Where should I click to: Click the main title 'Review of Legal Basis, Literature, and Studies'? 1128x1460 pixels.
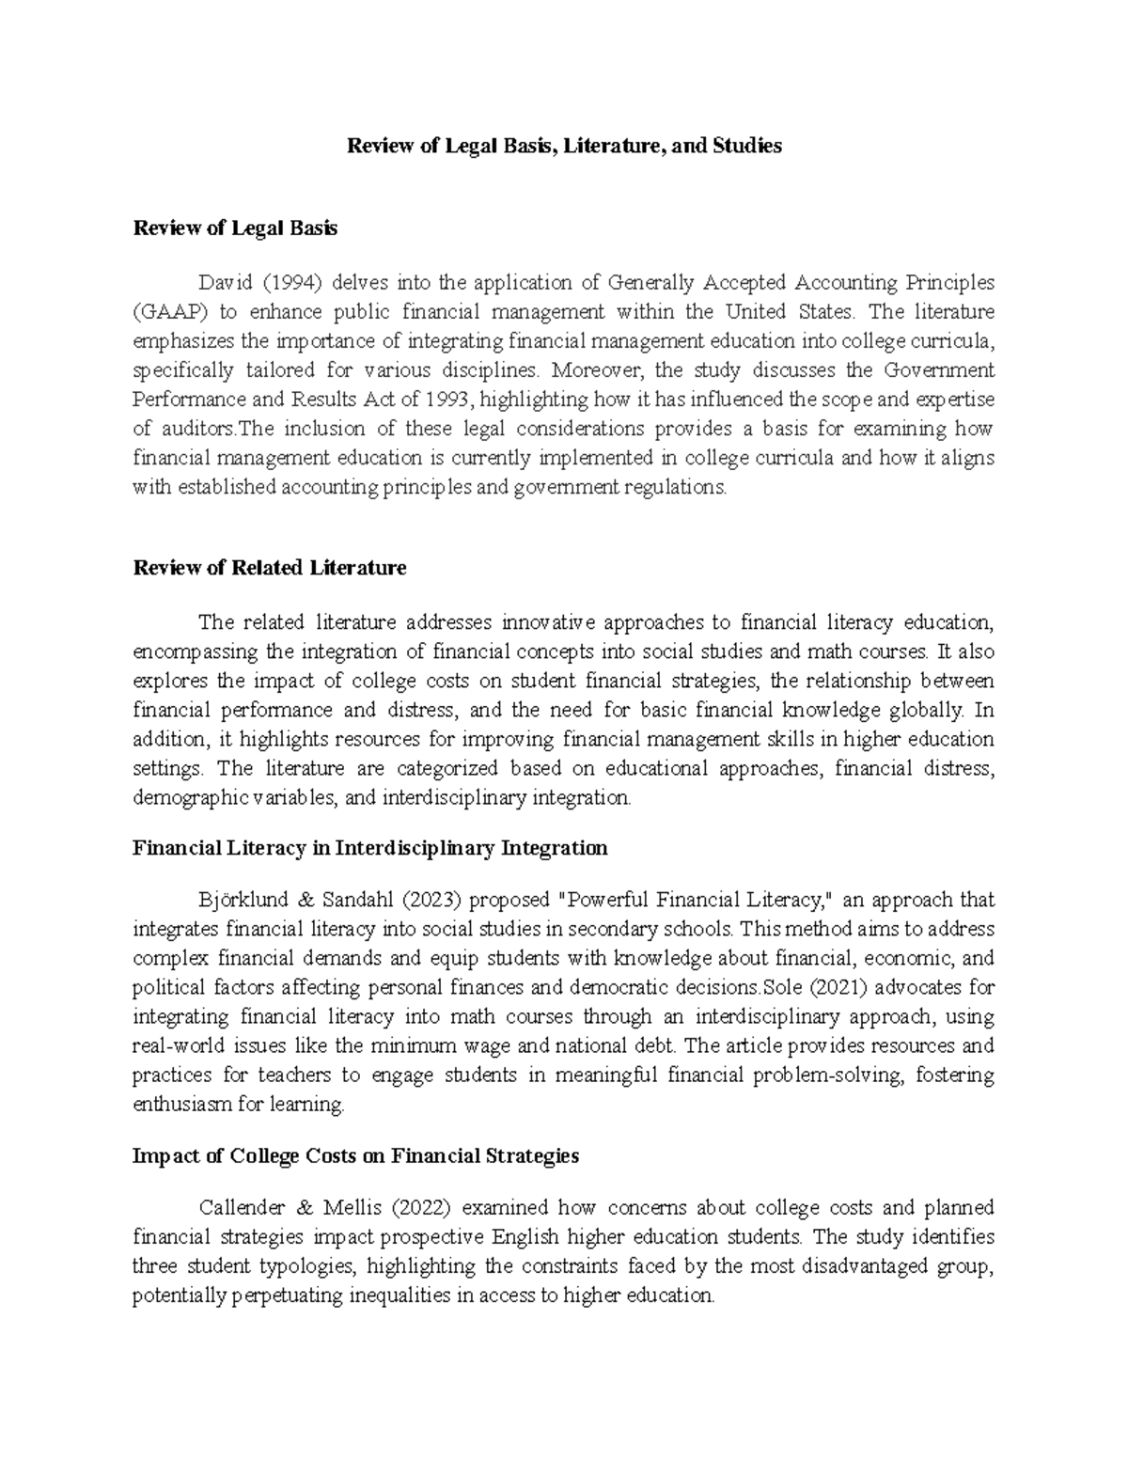coord(564,146)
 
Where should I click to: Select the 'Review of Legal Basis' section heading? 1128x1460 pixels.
coord(235,228)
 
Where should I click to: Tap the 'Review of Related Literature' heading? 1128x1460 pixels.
coord(270,568)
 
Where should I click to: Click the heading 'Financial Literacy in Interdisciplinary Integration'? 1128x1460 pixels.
coord(369,848)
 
